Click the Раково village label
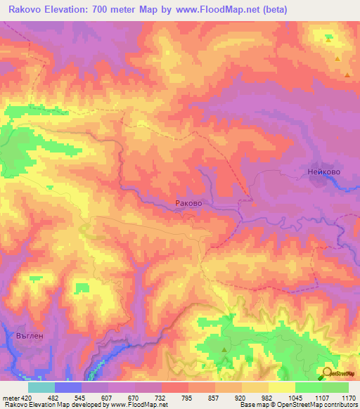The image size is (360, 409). pyautogui.click(x=188, y=203)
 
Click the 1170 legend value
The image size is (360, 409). pyautogui.click(x=348, y=397)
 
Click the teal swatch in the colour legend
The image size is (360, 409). pyautogui.click(x=41, y=387)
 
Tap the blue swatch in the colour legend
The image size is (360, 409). pyautogui.click(x=67, y=387)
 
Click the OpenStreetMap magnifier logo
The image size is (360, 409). pyautogui.click(x=327, y=373)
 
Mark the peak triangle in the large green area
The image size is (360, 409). pyautogui.click(x=224, y=349)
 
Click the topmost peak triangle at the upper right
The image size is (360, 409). pyautogui.click(x=328, y=40)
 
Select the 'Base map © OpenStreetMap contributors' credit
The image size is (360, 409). pyautogui.click(x=296, y=405)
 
